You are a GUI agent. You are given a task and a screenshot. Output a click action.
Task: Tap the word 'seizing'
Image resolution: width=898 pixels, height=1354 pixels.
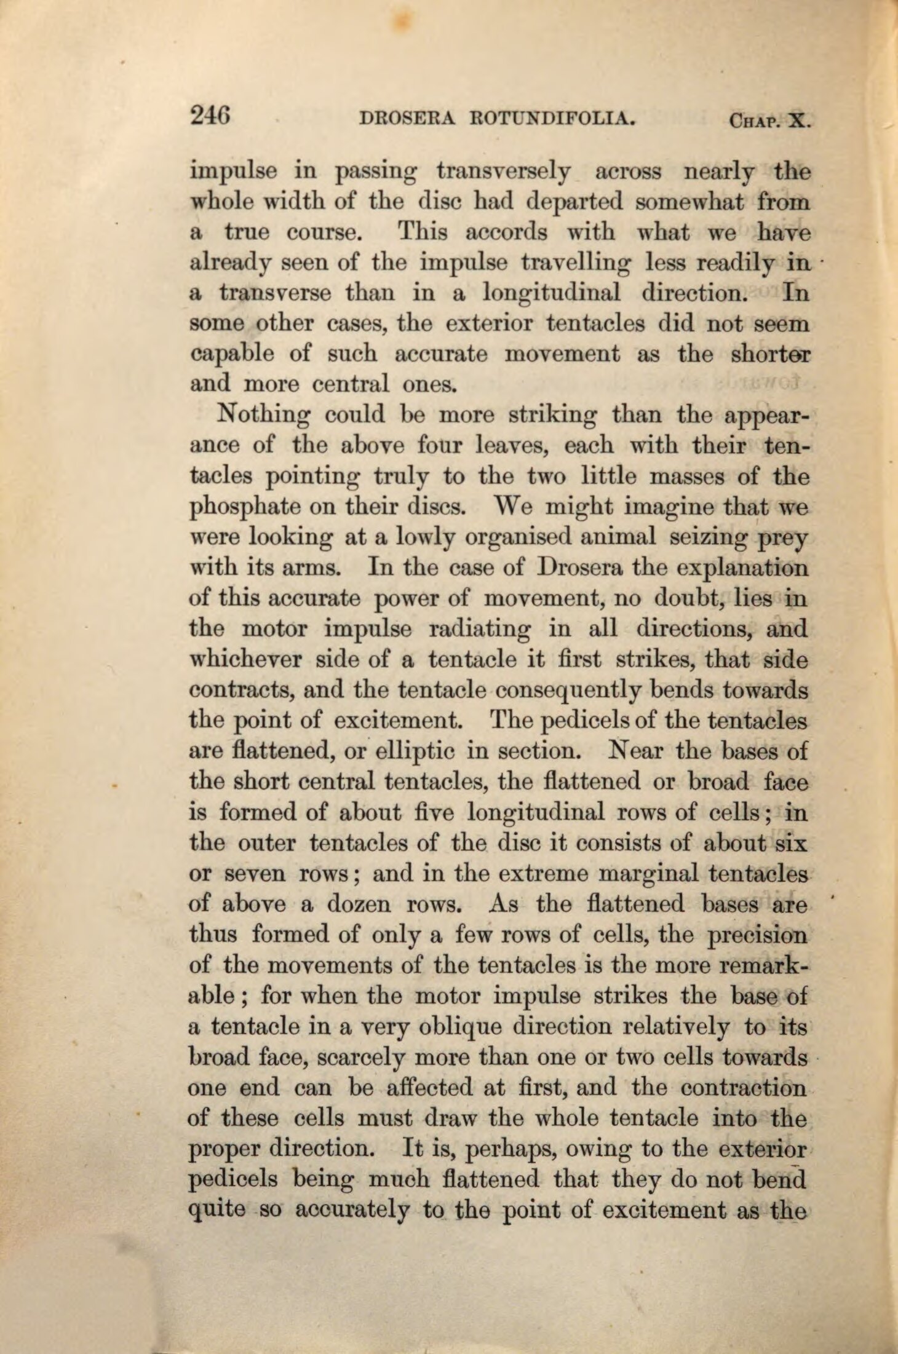704,538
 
